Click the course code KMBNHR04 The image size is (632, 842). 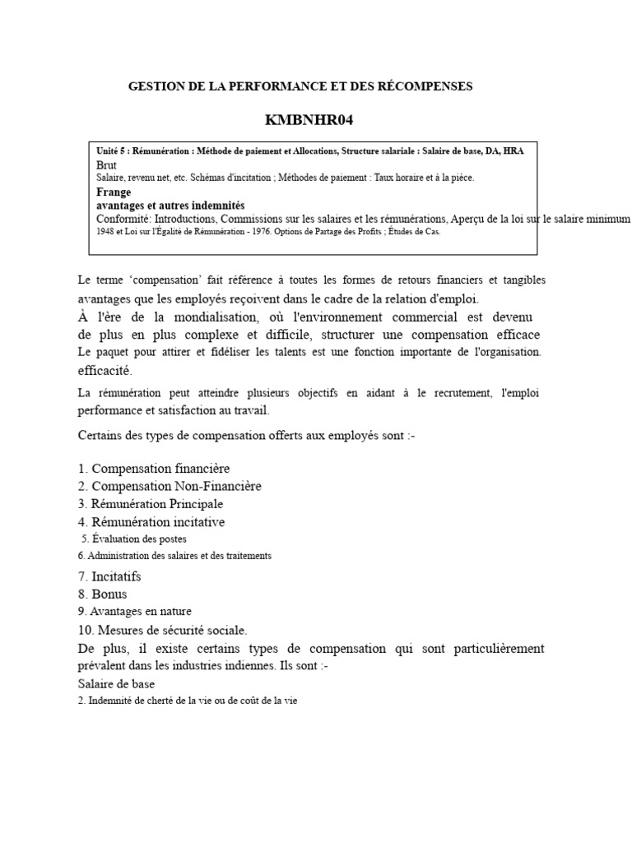tap(303, 121)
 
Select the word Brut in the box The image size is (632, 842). tap(107, 165)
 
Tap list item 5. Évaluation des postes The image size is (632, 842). tap(135, 539)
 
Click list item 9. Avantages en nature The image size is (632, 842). tap(135, 611)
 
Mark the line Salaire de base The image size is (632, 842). tap(116, 683)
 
